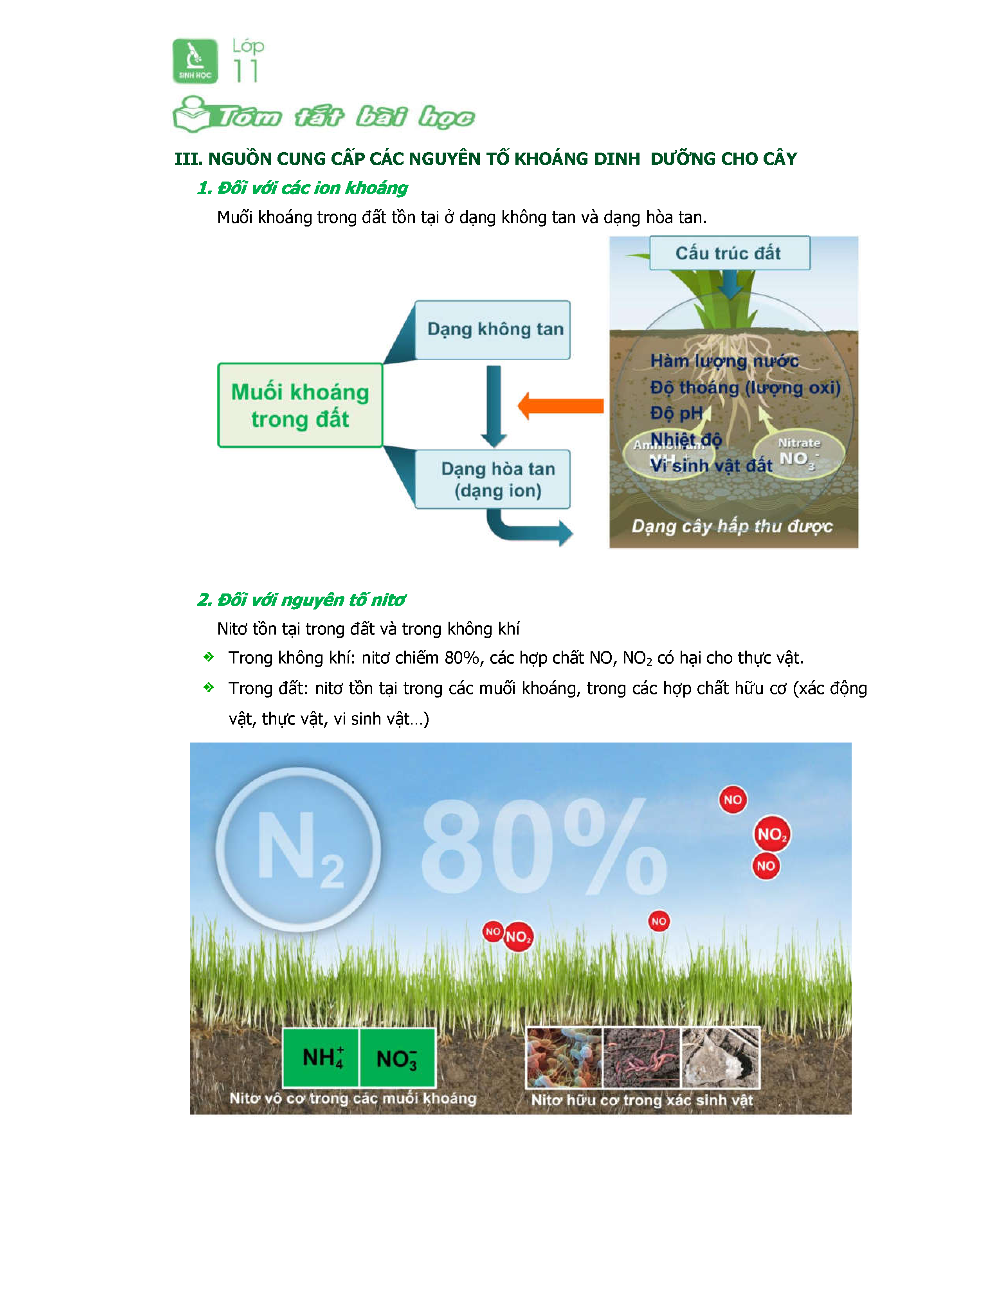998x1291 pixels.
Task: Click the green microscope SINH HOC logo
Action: click(195, 61)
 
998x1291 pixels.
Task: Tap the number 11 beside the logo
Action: click(245, 72)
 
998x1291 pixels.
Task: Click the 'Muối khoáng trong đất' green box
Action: click(300, 406)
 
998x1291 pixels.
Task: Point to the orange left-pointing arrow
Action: click(560, 406)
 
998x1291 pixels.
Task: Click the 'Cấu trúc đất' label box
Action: click(729, 254)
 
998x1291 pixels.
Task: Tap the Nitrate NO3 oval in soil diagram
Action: click(799, 453)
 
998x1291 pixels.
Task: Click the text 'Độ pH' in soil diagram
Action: click(676, 413)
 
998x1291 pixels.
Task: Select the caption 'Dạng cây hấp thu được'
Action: click(732, 526)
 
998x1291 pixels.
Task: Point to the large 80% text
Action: click(543, 847)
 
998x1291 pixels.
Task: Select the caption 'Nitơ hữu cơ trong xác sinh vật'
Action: click(642, 1100)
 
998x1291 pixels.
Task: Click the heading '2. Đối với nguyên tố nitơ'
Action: click(301, 600)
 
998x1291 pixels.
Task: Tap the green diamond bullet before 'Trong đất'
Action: click(208, 687)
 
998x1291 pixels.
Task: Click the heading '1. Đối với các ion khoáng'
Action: click(302, 188)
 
